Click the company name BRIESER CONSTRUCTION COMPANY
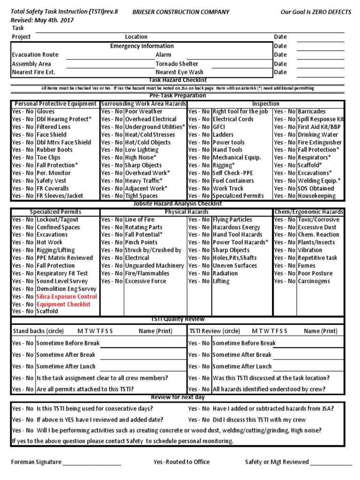[x=181, y=12]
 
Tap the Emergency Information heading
[x=142, y=46]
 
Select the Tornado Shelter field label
[x=177, y=64]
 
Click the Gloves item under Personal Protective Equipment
[x=45, y=112]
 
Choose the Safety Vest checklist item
[x=52, y=180]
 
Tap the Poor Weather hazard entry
[x=143, y=112]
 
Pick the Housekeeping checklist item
[x=317, y=196]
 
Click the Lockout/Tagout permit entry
[x=57, y=219]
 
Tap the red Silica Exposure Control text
[x=67, y=297]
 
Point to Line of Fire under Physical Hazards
[x=139, y=219]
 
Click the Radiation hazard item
[x=225, y=273]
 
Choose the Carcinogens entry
[x=314, y=281]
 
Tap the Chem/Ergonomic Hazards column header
[x=309, y=212]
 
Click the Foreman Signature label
[x=36, y=462]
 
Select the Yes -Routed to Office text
[x=181, y=462]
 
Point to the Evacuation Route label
[x=35, y=55]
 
